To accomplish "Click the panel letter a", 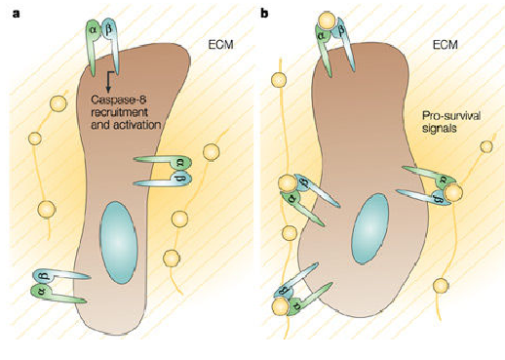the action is pyautogui.click(x=16, y=14).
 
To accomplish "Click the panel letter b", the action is pyautogui.click(x=265, y=13).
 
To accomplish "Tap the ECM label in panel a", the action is pyautogui.click(x=220, y=44).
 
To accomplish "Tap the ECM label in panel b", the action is pyautogui.click(x=446, y=44).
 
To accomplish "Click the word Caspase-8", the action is pyautogui.click(x=119, y=100).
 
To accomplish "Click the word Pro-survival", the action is pyautogui.click(x=451, y=116).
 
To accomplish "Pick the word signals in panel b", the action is pyautogui.click(x=439, y=128).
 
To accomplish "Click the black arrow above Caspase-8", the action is pyautogui.click(x=108, y=81).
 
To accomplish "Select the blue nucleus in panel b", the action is pyautogui.click(x=370, y=228).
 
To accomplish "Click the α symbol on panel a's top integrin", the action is pyautogui.click(x=94, y=31).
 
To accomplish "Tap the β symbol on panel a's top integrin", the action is pyautogui.click(x=109, y=30).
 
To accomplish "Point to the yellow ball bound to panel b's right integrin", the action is pyautogui.click(x=453, y=192).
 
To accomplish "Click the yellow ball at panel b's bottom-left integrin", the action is pyautogui.click(x=281, y=307).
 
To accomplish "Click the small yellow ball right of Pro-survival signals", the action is pyautogui.click(x=486, y=147).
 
